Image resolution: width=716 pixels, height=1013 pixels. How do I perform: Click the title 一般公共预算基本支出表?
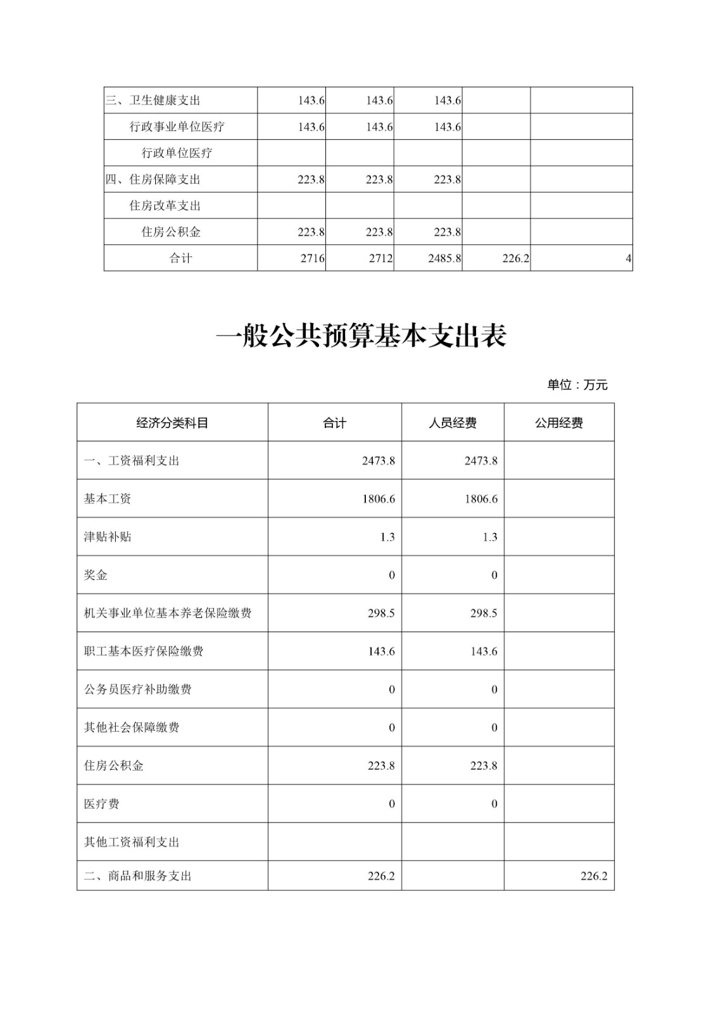coord(361,336)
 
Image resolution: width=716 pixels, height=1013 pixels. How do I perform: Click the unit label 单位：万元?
coord(577,385)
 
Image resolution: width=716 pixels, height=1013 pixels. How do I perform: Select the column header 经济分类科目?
coord(172,423)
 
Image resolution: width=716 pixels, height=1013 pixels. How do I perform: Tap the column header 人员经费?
coord(453,423)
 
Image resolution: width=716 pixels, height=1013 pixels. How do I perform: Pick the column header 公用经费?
coord(559,423)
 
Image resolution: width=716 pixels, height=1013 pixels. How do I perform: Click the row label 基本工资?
coord(108,499)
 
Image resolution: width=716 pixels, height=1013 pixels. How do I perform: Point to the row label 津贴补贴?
coord(108,537)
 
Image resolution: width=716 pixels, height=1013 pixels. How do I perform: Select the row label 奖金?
coord(96,575)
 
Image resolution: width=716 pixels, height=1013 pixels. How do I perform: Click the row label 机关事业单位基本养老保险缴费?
coord(168,613)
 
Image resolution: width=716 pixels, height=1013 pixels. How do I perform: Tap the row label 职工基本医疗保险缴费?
coord(144,651)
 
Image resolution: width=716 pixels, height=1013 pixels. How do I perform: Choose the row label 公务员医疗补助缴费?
coord(137,689)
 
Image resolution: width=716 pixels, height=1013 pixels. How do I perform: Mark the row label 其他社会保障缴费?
coord(132,727)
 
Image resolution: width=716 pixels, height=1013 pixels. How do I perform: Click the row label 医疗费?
coord(101,804)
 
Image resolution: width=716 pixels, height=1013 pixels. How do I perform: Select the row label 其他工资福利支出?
coord(132,842)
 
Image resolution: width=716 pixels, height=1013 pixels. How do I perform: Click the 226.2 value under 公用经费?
coord(594,876)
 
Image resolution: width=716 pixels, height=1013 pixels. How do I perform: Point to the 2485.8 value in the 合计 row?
coord(444,258)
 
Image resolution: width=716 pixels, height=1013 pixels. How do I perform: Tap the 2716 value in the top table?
coord(313,258)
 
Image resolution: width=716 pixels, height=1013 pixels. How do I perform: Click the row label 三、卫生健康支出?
coord(153,100)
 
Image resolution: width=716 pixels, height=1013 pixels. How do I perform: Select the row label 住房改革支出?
coord(165,206)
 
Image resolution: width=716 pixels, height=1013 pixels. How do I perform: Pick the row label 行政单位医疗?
coord(177,153)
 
